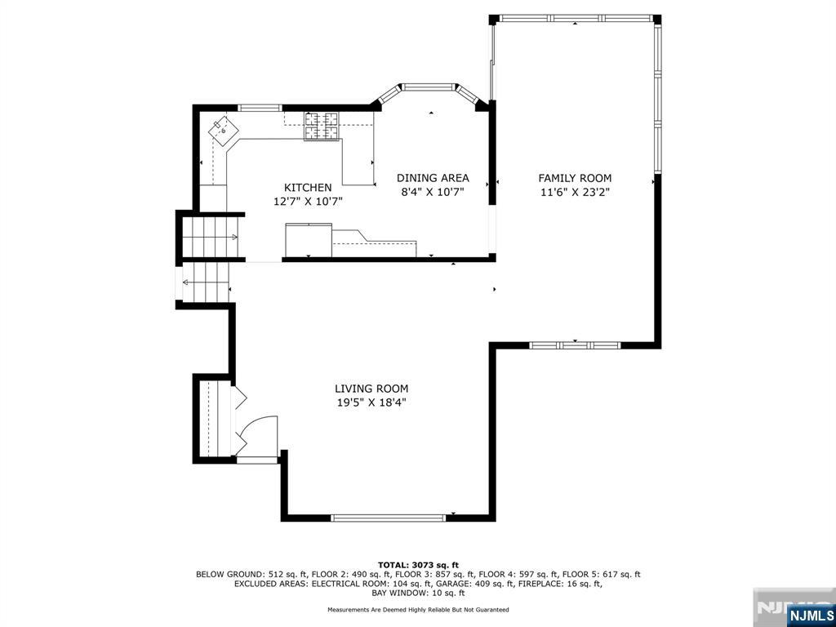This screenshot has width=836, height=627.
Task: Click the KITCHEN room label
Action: [308, 187]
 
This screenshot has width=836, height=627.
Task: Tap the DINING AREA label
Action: [433, 178]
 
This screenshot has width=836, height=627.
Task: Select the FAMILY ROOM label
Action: [575, 178]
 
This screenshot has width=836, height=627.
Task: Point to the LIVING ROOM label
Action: [371, 389]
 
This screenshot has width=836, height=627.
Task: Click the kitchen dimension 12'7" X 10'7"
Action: [308, 200]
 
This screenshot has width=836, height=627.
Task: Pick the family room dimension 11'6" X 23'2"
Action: [575, 192]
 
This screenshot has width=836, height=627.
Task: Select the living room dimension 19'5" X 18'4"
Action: [371, 402]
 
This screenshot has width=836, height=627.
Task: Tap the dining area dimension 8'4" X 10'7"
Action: [433, 192]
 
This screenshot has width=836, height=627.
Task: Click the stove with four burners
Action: [322, 126]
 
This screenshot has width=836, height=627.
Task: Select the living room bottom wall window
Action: [389, 517]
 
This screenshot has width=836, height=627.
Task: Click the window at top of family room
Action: [575, 17]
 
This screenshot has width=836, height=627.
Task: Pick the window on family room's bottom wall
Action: [575, 345]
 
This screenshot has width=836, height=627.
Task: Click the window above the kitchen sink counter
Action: [260, 107]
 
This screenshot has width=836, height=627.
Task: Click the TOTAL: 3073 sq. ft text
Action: [418, 565]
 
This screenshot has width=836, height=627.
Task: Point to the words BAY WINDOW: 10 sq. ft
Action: [418, 593]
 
